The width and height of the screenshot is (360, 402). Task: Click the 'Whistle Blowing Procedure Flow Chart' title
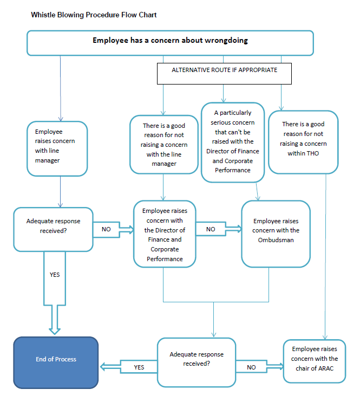point(94,15)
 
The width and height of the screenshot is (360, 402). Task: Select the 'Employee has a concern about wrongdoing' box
point(170,43)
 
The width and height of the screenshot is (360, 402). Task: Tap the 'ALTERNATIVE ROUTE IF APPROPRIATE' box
point(224,74)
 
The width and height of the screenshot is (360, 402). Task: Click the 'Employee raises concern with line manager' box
point(57,148)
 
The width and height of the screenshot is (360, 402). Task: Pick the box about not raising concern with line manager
point(164,145)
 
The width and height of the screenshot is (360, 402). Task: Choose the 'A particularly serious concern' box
point(233,142)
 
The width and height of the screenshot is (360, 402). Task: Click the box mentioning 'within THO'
point(303,142)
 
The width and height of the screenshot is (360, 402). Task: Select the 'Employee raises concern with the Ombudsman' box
point(276,234)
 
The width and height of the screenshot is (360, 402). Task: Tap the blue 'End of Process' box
point(56,362)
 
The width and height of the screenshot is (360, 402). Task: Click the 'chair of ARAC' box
point(315,361)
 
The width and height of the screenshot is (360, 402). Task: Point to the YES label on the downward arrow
point(55,275)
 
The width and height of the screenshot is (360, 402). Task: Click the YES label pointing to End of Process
point(139,367)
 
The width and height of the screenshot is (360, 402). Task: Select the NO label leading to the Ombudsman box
point(211,229)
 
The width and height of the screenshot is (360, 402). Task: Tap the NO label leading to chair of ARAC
point(251,367)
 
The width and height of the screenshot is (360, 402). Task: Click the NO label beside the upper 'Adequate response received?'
point(106,229)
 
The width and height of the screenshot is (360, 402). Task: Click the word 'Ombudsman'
point(276,240)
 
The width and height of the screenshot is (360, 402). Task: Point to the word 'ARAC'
point(326,368)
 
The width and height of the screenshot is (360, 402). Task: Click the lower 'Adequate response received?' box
point(197,362)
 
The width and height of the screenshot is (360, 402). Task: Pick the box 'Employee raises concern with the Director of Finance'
point(165,234)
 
